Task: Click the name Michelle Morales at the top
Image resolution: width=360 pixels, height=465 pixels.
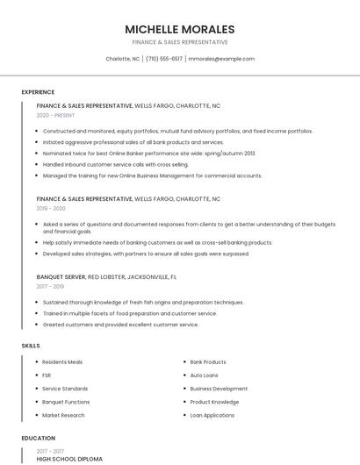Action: coord(179,29)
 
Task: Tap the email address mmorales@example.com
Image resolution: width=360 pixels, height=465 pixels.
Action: coord(221,59)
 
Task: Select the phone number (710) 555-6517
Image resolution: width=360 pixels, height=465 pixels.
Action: coord(164,59)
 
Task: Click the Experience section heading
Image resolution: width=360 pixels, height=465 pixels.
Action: coord(38,92)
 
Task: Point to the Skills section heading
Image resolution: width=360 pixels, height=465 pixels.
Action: coord(31,346)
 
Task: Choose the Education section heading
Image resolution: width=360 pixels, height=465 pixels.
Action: coord(39,438)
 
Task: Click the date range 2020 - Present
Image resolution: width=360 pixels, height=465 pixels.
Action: coord(55,116)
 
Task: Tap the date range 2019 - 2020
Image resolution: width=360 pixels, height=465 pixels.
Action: coord(51,209)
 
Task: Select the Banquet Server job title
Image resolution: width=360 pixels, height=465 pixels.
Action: coord(61,276)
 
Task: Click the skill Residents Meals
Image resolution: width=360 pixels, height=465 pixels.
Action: coord(62,362)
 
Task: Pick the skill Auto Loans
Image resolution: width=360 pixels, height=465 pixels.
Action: coord(204,376)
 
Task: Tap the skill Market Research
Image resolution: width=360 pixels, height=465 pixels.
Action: coord(63,415)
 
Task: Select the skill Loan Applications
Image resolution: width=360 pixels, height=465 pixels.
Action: coord(212,415)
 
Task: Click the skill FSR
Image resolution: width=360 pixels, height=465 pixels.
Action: coord(47,376)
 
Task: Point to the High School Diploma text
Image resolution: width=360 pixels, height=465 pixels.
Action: coord(69,459)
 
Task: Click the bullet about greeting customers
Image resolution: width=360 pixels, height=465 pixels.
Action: coord(120,325)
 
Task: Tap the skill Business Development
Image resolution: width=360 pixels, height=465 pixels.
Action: coord(219,389)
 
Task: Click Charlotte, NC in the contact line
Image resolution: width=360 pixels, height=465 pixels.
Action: coord(122,59)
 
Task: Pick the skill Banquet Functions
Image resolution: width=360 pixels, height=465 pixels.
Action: coord(66,402)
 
